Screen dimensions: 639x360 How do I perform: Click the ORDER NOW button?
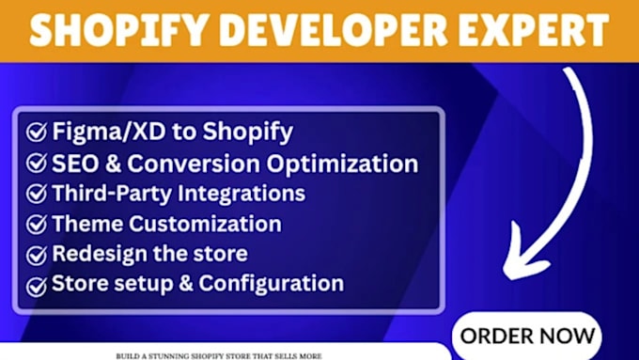527,336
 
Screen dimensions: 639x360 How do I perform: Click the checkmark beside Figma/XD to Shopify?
37,133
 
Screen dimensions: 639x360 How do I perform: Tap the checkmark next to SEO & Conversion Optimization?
37,163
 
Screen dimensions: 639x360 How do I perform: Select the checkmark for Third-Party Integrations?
37,194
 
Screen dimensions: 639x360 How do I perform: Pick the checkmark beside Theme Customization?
37,225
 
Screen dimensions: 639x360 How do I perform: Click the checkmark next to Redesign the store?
37,255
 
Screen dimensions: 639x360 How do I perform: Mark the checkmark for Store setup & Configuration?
37,286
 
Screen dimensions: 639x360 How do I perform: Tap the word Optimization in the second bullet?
342,164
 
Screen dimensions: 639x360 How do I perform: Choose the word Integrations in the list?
242,194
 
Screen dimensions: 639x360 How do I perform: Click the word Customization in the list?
206,224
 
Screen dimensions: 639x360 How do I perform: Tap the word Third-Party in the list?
112,194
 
